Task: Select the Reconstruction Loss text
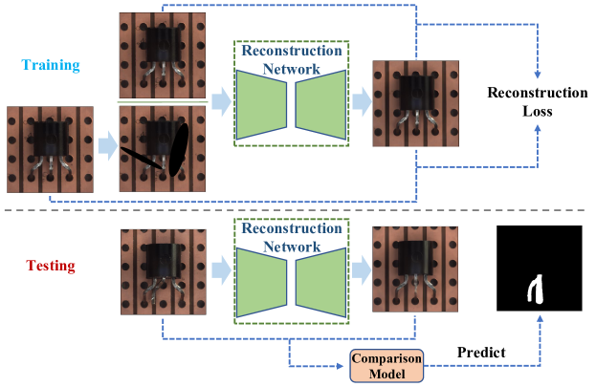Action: point(537,102)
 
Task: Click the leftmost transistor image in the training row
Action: point(51,149)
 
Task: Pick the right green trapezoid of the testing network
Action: point(320,282)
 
